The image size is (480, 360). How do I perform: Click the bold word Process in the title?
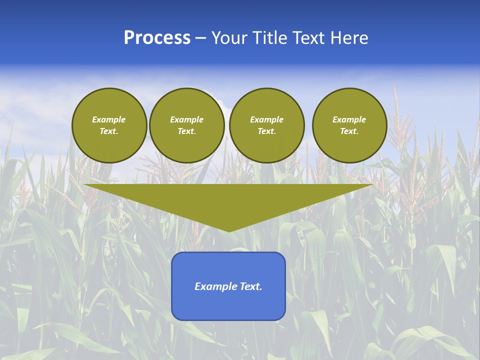click(157, 38)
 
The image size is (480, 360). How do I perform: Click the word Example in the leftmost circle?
click(109, 119)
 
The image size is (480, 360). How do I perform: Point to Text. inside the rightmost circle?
click(349, 131)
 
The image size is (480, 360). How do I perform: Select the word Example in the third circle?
click(266, 119)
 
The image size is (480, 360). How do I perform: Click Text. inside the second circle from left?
click(186, 131)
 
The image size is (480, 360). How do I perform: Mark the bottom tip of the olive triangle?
click(228, 230)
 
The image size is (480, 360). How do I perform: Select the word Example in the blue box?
click(214, 286)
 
